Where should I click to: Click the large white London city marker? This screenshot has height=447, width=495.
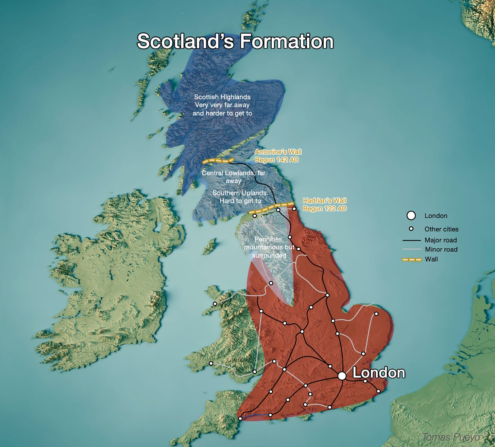coord(342,376)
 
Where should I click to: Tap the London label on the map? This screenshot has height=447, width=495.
coord(379,373)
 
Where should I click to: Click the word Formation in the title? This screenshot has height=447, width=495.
coord(287,41)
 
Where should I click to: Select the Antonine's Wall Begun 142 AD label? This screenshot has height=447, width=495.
coord(278,155)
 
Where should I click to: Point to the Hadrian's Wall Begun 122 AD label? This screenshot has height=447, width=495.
coord(324,204)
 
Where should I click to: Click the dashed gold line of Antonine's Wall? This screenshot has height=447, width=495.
coord(218,161)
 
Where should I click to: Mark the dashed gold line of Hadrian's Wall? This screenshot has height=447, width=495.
coord(272,207)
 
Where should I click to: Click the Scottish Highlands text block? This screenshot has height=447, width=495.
coord(222,105)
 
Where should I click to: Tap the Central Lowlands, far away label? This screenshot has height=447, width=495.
coord(233,177)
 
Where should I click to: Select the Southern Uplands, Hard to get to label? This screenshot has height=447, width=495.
coord(240,197)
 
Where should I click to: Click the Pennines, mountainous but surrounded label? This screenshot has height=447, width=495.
coord(269,247)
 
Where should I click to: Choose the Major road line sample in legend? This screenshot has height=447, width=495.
coord(412,241)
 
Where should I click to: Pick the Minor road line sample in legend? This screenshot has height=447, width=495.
coord(412,249)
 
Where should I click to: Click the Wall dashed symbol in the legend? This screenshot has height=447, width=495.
coord(412,260)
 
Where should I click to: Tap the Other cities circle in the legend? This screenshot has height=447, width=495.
coord(411,229)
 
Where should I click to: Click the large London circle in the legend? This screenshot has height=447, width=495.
coord(411,215)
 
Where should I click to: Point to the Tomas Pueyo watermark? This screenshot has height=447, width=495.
coord(451,437)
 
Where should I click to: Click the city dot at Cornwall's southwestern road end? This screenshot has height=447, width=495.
coord(240,418)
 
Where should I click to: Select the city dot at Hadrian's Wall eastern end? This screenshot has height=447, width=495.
coord(294,209)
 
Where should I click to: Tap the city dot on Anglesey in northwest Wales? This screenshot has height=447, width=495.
coord(215,304)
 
